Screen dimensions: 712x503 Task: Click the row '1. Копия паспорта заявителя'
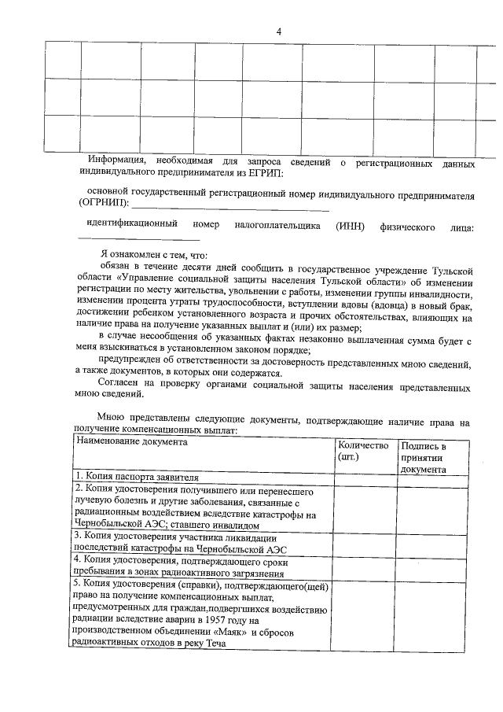point(137,477)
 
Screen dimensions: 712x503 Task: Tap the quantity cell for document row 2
point(365,507)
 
